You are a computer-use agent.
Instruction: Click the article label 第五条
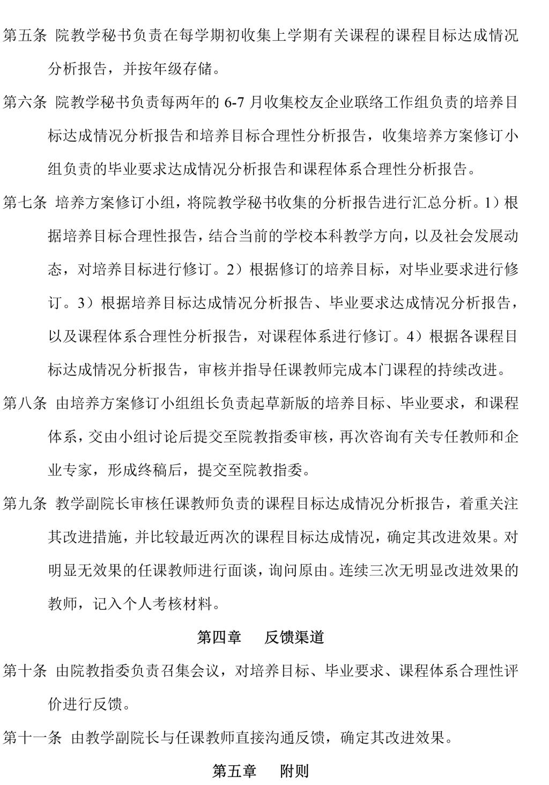[25, 36]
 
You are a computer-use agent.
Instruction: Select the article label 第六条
[25, 102]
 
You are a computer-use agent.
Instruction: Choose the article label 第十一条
[32, 738]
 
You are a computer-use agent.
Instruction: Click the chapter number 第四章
[219, 638]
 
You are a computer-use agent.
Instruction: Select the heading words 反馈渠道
[294, 638]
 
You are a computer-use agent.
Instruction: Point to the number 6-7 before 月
[234, 103]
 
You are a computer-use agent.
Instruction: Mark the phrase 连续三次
[367, 571]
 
